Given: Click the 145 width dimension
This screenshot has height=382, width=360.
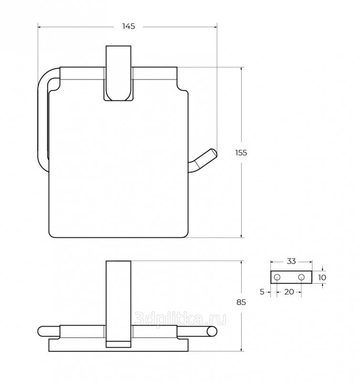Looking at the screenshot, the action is (128, 26).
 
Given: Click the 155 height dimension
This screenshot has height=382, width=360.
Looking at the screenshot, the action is (241, 153).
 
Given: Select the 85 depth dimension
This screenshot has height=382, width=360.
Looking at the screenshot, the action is (241, 302).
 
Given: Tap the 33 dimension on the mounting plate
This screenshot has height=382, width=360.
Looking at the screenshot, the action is (291, 261).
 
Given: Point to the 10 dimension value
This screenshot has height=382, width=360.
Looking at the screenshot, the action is (322, 277).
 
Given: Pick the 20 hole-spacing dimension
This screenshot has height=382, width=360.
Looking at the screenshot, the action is (289, 292).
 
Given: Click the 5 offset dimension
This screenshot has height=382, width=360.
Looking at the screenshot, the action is (262, 292).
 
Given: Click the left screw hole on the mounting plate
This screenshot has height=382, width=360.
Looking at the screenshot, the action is (277, 277).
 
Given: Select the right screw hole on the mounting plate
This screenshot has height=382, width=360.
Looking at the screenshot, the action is (301, 277).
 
